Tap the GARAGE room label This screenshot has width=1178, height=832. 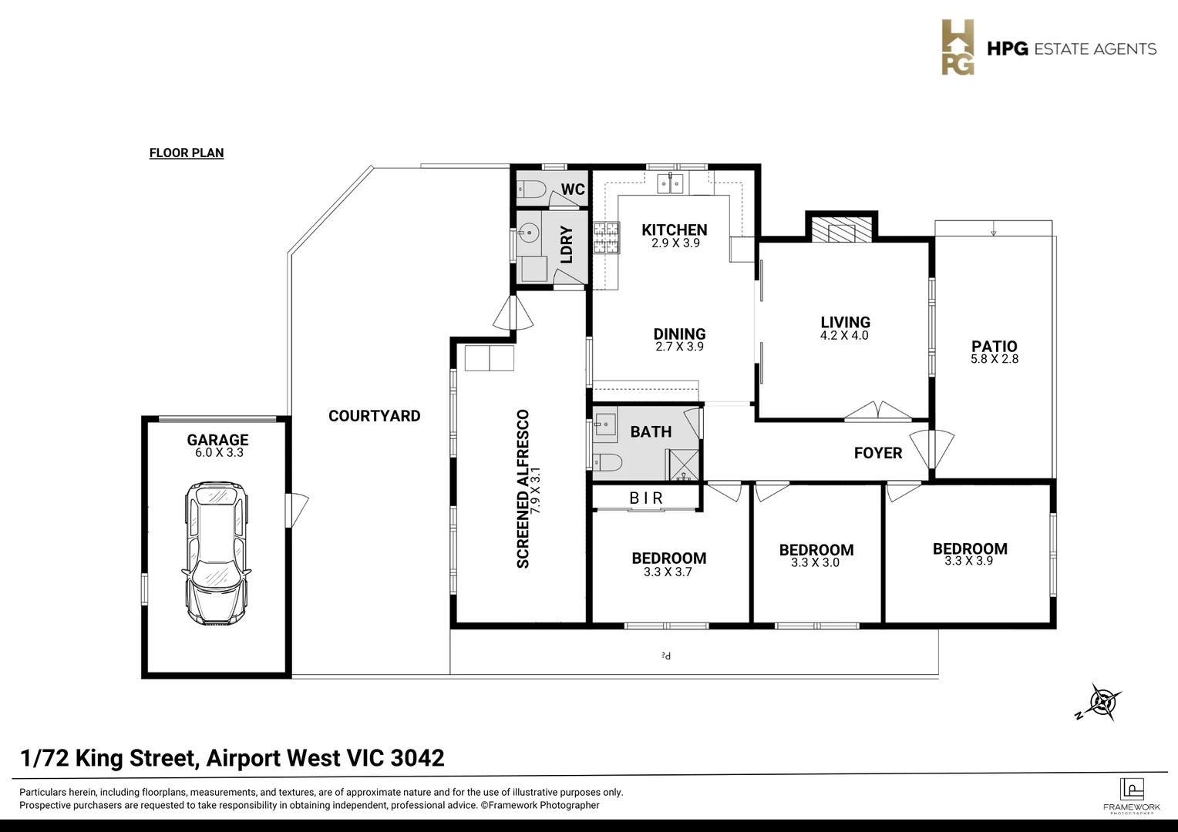(217, 440)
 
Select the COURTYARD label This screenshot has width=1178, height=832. (374, 416)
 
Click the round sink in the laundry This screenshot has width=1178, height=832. (529, 231)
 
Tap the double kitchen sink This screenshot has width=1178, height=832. (670, 183)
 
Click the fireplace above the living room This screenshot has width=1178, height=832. (840, 229)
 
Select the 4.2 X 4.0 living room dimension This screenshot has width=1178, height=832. (844, 336)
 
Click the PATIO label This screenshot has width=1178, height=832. (994, 346)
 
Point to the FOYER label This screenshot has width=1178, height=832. (877, 453)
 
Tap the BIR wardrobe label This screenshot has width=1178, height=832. (646, 498)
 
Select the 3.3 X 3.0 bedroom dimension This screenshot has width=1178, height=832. (816, 563)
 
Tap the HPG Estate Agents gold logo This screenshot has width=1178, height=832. (958, 48)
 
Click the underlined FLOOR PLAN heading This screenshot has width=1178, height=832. (187, 153)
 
